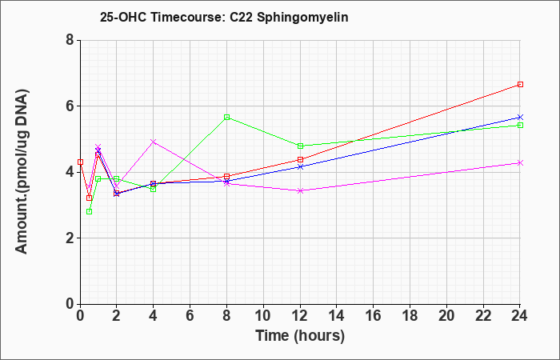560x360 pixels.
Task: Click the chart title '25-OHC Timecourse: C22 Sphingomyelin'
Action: click(x=224, y=17)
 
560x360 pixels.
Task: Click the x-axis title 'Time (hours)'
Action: click(x=300, y=336)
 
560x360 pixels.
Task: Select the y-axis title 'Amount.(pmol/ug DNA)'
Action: click(x=22, y=171)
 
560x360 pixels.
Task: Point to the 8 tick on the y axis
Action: click(x=70, y=40)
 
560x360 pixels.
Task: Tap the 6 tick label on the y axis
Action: click(x=70, y=106)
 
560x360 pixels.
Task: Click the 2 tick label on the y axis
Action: click(x=70, y=238)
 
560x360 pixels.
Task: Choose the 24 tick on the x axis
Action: click(x=520, y=315)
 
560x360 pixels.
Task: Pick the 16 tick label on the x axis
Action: click(x=374, y=315)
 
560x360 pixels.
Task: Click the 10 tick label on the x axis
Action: click(x=263, y=315)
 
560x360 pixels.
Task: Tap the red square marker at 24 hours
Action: click(x=520, y=84)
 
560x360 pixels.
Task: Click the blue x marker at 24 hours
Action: click(x=520, y=117)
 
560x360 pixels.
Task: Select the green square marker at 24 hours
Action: click(x=520, y=125)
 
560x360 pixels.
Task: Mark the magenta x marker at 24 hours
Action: click(x=520, y=163)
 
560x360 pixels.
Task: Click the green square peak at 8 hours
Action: click(x=226, y=117)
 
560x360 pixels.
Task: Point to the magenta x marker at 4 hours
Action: click(x=154, y=142)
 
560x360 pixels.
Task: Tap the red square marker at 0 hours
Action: click(x=80, y=162)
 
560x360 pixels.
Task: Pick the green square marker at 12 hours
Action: click(x=300, y=146)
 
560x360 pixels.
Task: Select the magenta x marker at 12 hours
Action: click(x=300, y=190)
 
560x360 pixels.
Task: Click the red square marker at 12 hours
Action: click(x=300, y=159)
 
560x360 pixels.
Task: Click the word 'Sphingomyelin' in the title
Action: click(x=302, y=18)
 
